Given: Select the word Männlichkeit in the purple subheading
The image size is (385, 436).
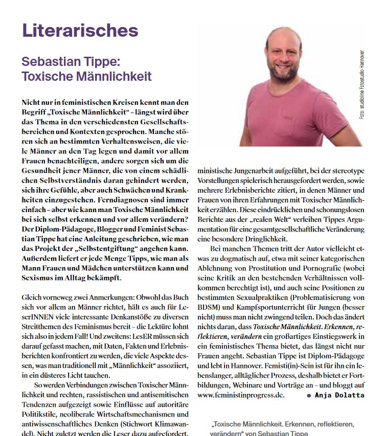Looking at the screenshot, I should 109,77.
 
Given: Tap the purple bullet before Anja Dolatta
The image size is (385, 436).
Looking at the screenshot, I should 309,396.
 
